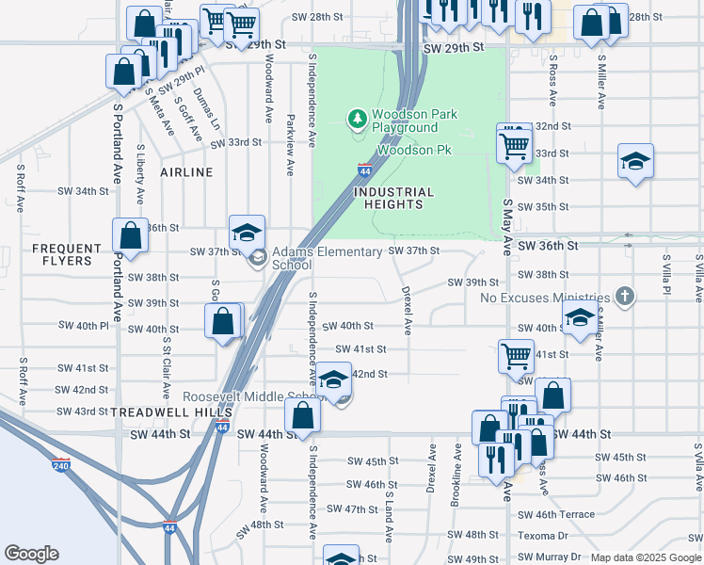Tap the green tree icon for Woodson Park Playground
[x=357, y=119]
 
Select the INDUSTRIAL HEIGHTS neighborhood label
[x=393, y=198]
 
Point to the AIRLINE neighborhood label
[x=186, y=172]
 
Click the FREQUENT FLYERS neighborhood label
[x=67, y=255]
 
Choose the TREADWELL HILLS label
[x=158, y=412]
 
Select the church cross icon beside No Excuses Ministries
[x=624, y=297]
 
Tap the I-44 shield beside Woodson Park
[x=364, y=169]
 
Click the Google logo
[x=31, y=554]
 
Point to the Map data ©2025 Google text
[x=646, y=557]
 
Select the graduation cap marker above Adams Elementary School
[x=248, y=233]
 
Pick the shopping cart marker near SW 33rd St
[x=514, y=143]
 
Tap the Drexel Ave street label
[x=408, y=311]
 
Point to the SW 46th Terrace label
[x=556, y=514]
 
